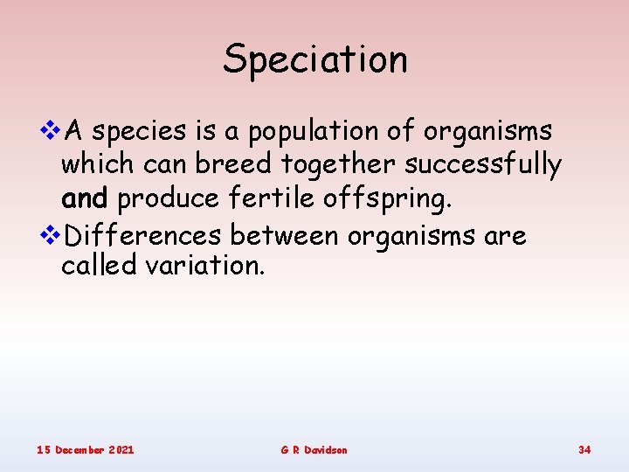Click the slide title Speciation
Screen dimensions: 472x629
pyautogui.click(x=314, y=59)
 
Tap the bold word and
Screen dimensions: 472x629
pyautogui.click(x=84, y=198)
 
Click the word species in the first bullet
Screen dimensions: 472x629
pyautogui.click(x=139, y=132)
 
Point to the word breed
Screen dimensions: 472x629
pyautogui.click(x=231, y=165)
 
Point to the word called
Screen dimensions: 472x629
pyautogui.click(x=99, y=266)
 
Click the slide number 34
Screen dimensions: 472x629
pyautogui.click(x=584, y=449)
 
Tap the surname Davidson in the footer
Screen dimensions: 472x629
pyautogui.click(x=327, y=449)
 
